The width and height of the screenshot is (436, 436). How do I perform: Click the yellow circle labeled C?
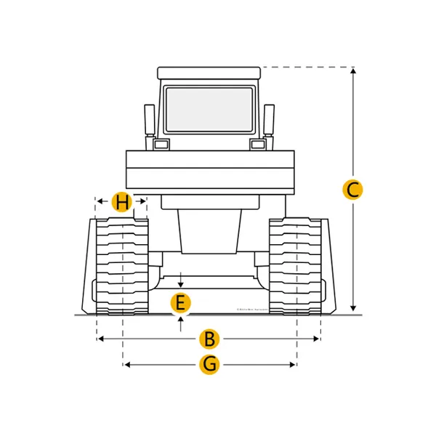pos(352,190)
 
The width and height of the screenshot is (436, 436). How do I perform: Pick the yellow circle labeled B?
pos(209,339)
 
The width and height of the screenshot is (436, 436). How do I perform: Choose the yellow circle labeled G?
pos(209,364)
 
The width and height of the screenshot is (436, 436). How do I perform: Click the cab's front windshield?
pos(209,109)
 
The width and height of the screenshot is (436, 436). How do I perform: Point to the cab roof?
pos(209,73)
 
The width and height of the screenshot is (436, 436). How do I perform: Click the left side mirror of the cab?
pos(150,120)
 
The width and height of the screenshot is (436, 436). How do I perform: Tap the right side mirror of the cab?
pos(269,120)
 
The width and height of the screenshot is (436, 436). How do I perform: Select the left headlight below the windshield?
pos(160,145)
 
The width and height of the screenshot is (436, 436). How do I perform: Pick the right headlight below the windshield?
pos(258,145)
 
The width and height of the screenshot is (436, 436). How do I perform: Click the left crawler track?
pos(123,265)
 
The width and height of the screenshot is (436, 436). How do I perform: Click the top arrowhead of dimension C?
pos(352,70)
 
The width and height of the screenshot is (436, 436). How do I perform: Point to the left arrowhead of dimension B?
pos(100,339)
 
